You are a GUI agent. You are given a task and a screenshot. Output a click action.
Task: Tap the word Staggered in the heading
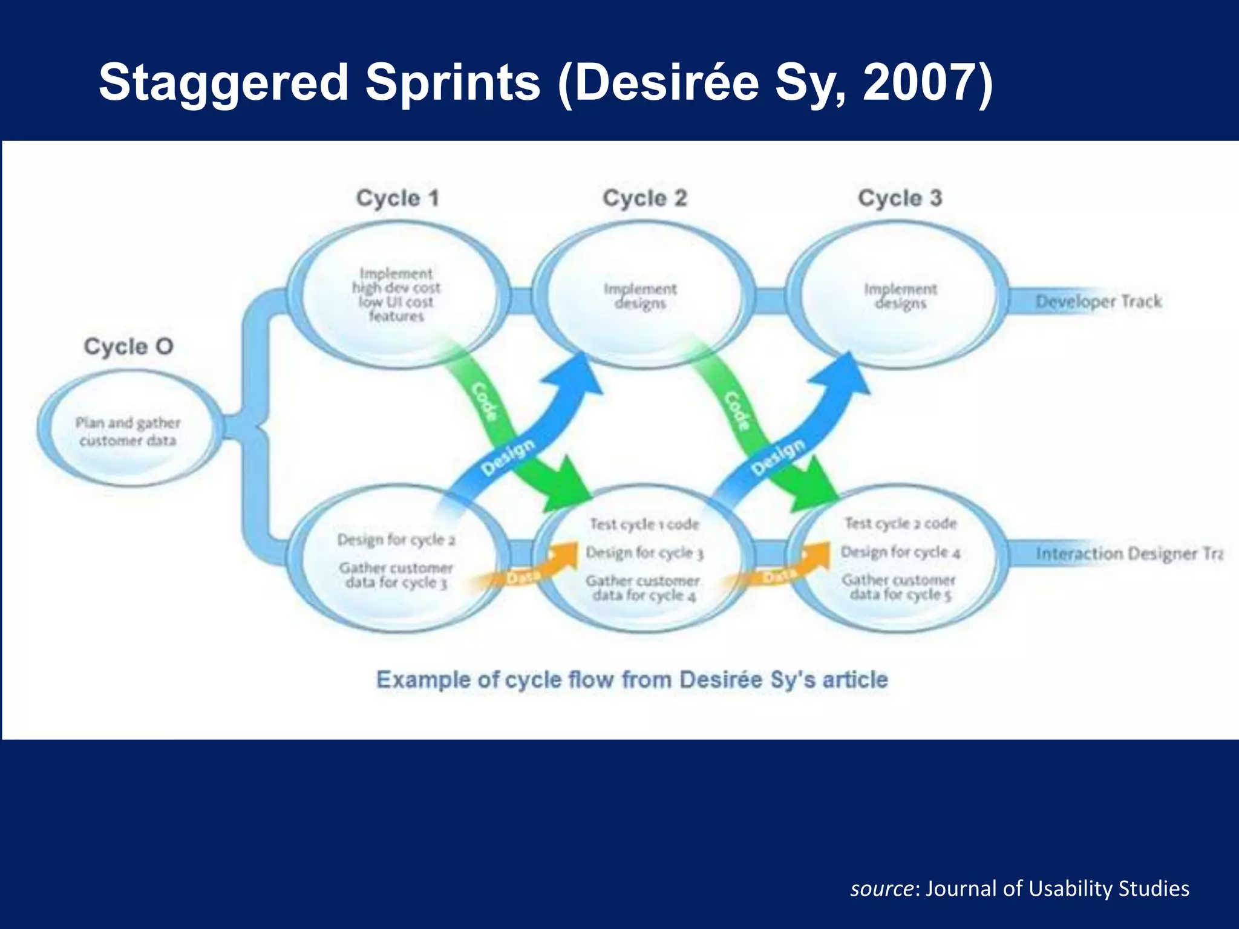[224, 83]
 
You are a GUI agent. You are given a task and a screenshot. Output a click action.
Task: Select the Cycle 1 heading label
[397, 198]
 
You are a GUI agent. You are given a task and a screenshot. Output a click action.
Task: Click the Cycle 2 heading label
[645, 198]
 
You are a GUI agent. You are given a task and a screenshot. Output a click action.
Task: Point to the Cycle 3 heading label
[900, 198]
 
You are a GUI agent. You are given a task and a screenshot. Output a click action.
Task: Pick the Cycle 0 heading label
[128, 347]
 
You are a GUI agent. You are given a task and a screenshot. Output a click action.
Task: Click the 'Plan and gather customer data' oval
[128, 431]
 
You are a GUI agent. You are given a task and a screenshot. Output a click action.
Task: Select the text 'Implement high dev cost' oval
[397, 295]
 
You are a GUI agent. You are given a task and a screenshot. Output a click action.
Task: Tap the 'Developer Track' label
[1099, 301]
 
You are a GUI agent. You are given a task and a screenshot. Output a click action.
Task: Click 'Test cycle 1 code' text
[644, 524]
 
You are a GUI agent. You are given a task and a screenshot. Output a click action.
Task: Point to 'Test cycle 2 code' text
[900, 523]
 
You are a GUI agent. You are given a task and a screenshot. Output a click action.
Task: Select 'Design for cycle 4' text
[900, 552]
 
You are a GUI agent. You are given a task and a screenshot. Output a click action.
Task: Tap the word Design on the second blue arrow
[778, 457]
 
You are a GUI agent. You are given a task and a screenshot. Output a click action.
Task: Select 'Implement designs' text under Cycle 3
[900, 296]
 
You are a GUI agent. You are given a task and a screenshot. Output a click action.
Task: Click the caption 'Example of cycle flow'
[632, 680]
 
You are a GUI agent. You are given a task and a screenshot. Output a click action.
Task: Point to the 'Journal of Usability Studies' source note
[1019, 888]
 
